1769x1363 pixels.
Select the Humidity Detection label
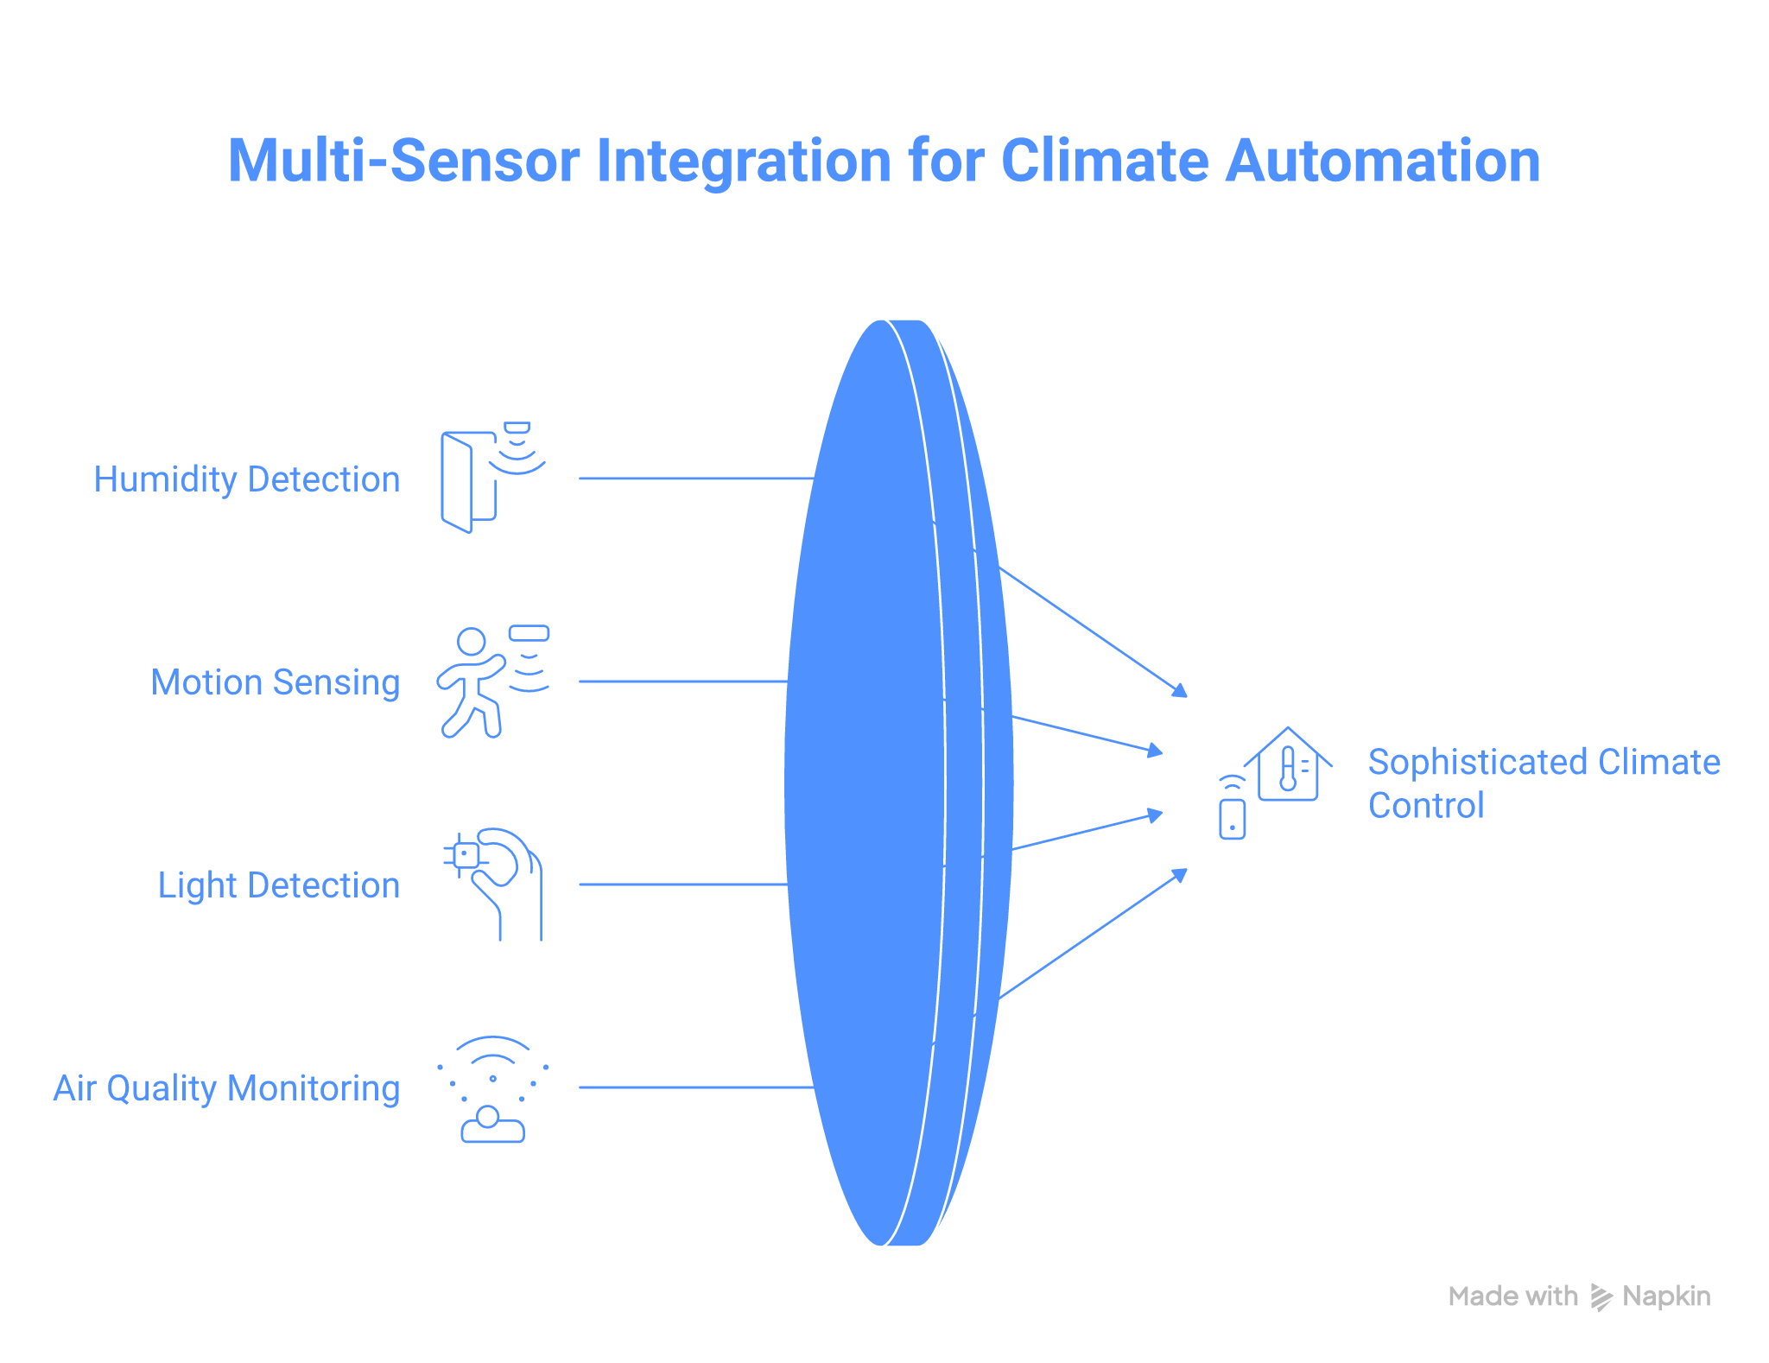point(247,479)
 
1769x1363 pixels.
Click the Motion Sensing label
point(276,682)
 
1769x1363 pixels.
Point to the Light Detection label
point(279,885)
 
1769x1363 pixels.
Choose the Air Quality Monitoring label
point(227,1088)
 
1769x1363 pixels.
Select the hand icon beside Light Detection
point(497,883)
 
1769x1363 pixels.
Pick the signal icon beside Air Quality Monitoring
point(492,1088)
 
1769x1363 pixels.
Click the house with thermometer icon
point(1288,765)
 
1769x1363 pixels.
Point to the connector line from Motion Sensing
point(682,681)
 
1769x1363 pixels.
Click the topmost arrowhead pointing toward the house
point(1180,690)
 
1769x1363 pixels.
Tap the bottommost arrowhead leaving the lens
point(1180,875)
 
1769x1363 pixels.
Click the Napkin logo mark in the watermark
point(1601,1297)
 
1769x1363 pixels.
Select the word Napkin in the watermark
point(1666,1296)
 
